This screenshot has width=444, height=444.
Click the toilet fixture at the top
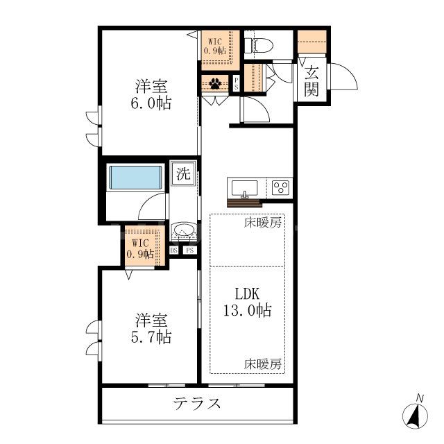[260, 46]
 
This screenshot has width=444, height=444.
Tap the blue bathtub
[135, 178]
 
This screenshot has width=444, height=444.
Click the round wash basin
[184, 230]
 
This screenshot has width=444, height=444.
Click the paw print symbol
[216, 85]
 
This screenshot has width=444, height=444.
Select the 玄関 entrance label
[311, 80]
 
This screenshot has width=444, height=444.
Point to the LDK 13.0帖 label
[248, 302]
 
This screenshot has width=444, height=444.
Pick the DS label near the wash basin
[174, 250]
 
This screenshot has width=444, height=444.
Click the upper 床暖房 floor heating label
[263, 223]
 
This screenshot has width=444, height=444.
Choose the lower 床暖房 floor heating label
[263, 364]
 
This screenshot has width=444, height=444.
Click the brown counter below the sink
[245, 203]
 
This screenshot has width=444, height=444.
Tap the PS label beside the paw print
[237, 84]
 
